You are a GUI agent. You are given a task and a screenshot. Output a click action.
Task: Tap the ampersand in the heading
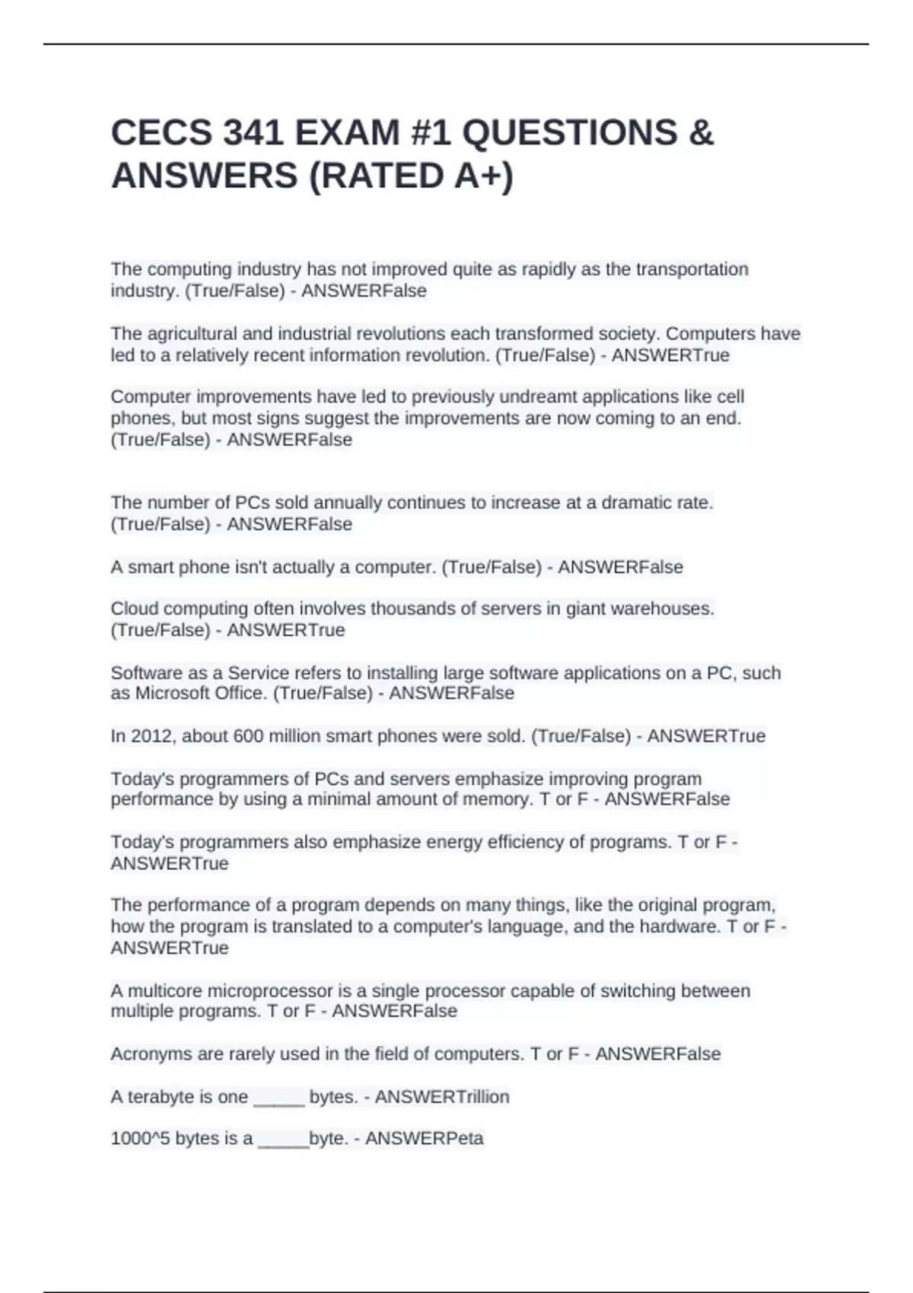pyautogui.click(x=701, y=133)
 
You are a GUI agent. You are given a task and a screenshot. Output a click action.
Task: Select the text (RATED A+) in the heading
pyautogui.click(x=411, y=176)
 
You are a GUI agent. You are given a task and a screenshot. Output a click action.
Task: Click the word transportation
pyautogui.click(x=692, y=269)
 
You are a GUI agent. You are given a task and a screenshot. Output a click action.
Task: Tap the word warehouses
pyautogui.click(x=664, y=608)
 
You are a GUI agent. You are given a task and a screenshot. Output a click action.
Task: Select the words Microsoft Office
pyautogui.click(x=201, y=694)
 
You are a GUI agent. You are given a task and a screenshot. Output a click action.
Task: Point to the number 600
pyautogui.click(x=247, y=736)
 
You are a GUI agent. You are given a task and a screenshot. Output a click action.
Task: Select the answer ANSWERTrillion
pyautogui.click(x=442, y=1097)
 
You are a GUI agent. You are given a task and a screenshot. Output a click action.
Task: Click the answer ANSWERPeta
pyautogui.click(x=425, y=1139)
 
